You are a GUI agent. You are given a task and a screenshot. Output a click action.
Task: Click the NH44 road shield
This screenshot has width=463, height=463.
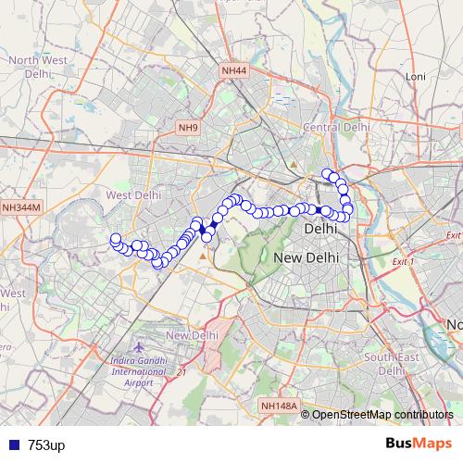[234, 70]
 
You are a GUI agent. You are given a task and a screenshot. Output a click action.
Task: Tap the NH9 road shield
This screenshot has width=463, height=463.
[188, 127]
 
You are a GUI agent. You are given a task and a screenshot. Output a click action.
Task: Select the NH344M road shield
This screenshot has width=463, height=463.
[22, 208]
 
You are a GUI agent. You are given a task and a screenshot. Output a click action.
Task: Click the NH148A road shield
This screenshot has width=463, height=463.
[279, 405]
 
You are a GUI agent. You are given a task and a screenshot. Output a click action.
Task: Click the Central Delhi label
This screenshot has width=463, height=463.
[336, 127]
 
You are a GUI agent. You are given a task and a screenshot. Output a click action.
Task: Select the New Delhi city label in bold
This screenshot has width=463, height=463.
[307, 257]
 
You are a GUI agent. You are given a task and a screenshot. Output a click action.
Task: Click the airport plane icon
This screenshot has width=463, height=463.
[138, 346]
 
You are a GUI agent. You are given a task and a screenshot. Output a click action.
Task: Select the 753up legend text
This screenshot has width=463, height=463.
[46, 445]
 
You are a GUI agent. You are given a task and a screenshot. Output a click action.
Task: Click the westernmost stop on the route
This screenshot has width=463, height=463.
[116, 239]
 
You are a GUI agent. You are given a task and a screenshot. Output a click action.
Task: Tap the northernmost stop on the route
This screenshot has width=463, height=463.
[326, 173]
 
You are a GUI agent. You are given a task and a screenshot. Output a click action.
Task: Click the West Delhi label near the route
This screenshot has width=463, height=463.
[133, 195]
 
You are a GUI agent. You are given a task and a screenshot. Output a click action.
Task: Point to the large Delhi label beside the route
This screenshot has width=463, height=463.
[320, 228]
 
